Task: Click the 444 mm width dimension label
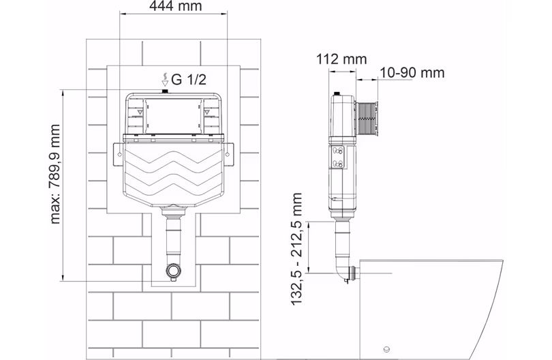point(175,5)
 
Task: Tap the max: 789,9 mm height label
point(55,174)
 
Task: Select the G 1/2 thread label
point(188,80)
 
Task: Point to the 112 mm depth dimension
point(341,59)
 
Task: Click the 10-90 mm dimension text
point(412,72)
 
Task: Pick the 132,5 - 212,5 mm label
point(296,249)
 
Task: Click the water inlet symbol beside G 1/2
point(165,80)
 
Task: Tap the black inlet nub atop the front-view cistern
point(164,91)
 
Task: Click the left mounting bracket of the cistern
point(118,154)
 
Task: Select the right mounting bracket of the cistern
point(228,154)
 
